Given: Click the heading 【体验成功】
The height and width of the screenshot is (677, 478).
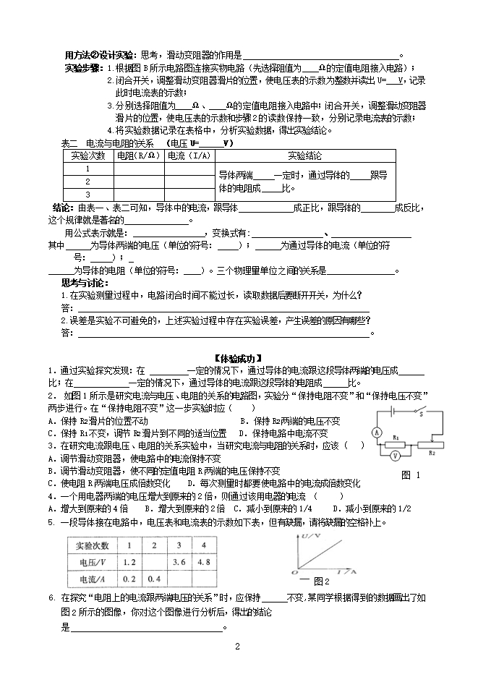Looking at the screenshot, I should click(238, 358).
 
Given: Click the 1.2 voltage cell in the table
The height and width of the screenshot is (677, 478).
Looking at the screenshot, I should click(130, 561).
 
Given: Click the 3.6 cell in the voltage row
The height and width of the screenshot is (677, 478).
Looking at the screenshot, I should click(180, 561).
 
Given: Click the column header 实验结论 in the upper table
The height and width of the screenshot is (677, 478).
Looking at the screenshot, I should click(305, 156).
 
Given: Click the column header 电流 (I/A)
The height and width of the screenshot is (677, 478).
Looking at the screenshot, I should click(189, 156).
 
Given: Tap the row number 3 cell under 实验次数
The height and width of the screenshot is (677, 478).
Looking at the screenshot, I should click(88, 194).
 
